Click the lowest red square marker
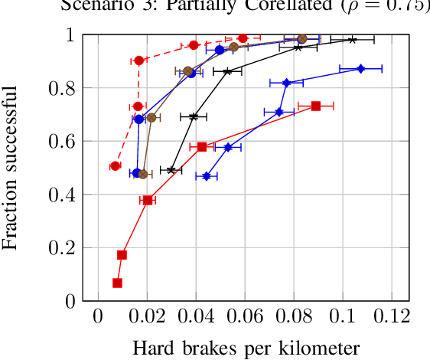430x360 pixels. click(117, 283)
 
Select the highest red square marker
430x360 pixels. click(315, 106)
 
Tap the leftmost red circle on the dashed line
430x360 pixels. click(115, 166)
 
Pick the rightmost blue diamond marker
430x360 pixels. click(361, 69)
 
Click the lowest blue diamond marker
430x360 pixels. click(207, 176)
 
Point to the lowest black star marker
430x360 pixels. click(171, 169)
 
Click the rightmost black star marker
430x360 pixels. click(352, 39)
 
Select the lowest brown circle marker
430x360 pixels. click(143, 175)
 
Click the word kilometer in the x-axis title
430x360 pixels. click(322, 349)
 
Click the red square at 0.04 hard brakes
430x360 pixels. click(202, 146)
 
